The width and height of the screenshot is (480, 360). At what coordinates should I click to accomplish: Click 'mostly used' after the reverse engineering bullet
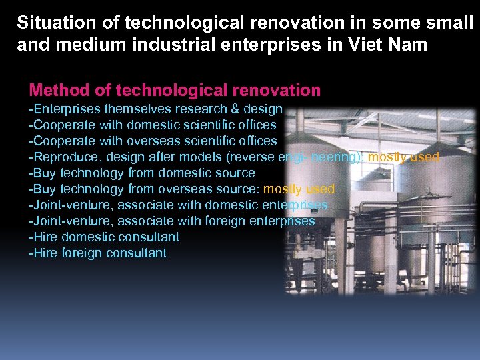(403, 157)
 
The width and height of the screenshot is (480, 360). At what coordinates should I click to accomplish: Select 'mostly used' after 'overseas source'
(299, 189)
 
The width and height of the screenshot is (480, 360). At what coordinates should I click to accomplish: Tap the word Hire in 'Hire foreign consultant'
(45, 253)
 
